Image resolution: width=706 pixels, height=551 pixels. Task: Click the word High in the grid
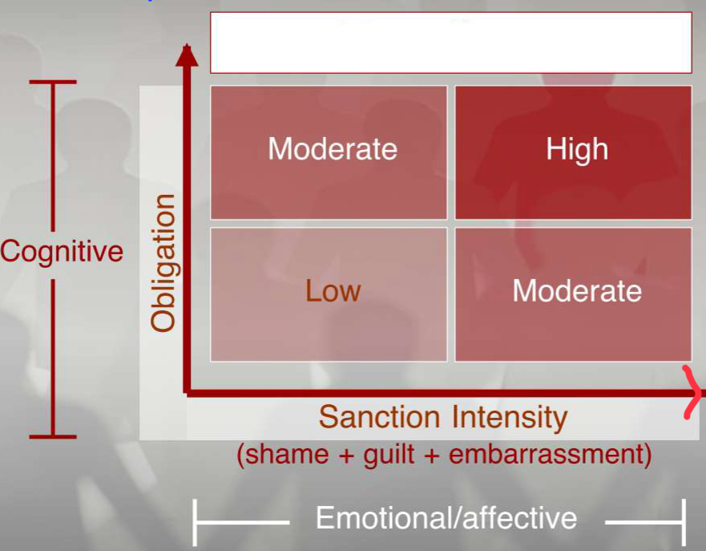pyautogui.click(x=577, y=150)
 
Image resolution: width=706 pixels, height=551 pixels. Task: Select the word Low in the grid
pyautogui.click(x=333, y=290)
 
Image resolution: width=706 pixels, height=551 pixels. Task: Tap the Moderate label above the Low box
pyautogui.click(x=333, y=150)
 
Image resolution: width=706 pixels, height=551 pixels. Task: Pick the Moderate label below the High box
pyautogui.click(x=577, y=290)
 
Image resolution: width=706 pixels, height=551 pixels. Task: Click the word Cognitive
pyautogui.click(x=62, y=251)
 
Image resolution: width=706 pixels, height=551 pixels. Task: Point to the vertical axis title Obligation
pyautogui.click(x=163, y=263)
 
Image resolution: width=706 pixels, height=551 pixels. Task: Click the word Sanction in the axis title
pyautogui.click(x=379, y=418)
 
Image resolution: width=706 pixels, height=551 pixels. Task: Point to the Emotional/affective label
pyautogui.click(x=446, y=517)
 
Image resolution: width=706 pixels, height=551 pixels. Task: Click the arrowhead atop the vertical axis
pyautogui.click(x=187, y=55)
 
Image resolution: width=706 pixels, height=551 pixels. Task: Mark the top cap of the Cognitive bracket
pyautogui.click(x=53, y=82)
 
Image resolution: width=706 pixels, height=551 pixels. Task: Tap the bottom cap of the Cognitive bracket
pyautogui.click(x=53, y=436)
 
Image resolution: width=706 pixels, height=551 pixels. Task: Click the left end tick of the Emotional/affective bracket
pyautogui.click(x=196, y=522)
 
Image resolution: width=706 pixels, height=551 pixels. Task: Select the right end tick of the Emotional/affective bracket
pyautogui.click(x=683, y=522)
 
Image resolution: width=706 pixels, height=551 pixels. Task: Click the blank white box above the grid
pyautogui.click(x=451, y=43)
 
